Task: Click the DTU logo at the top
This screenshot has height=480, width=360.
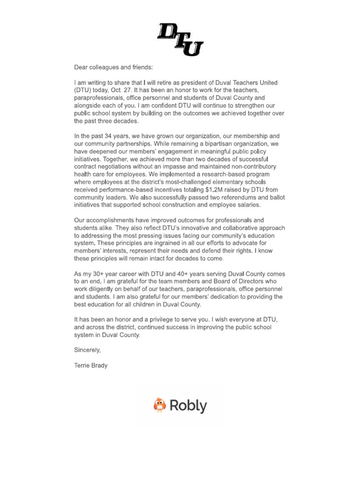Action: [x=180, y=39]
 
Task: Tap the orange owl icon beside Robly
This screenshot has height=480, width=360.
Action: [x=160, y=405]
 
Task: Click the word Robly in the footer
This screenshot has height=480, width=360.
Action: [x=188, y=405]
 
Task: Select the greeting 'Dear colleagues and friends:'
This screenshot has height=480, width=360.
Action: [x=113, y=67]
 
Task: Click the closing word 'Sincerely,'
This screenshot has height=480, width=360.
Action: [x=87, y=350]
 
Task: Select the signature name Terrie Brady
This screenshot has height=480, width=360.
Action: [x=91, y=365]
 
